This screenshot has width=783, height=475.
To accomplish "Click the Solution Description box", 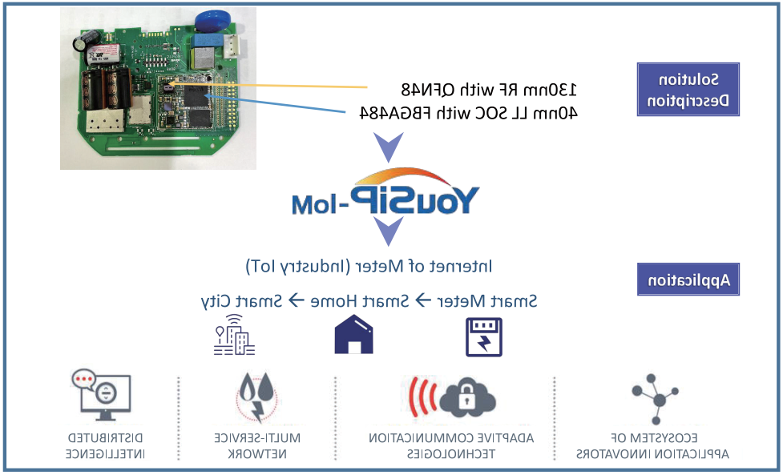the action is pos(688,89).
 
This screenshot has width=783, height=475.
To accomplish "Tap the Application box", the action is pos(688,280).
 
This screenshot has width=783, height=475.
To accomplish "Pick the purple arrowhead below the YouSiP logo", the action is pos(389,231).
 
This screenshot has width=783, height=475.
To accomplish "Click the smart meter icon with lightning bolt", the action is pos(483,336).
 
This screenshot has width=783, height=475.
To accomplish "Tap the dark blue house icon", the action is pos(353,334).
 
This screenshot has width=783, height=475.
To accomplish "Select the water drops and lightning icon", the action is pos(256,397).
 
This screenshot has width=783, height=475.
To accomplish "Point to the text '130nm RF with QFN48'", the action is pos(489,90).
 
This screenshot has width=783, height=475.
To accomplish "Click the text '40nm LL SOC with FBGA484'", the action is pos(469,113).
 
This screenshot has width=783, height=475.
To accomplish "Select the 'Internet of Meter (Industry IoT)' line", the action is pos(369,267).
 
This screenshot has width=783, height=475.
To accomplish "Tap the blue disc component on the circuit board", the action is pos(212,22).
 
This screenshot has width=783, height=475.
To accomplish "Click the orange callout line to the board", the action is pos(268,86).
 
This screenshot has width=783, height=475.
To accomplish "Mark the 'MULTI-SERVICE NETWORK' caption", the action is pos(257,445).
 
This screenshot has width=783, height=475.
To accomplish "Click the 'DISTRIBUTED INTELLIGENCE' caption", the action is pos(105,445).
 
